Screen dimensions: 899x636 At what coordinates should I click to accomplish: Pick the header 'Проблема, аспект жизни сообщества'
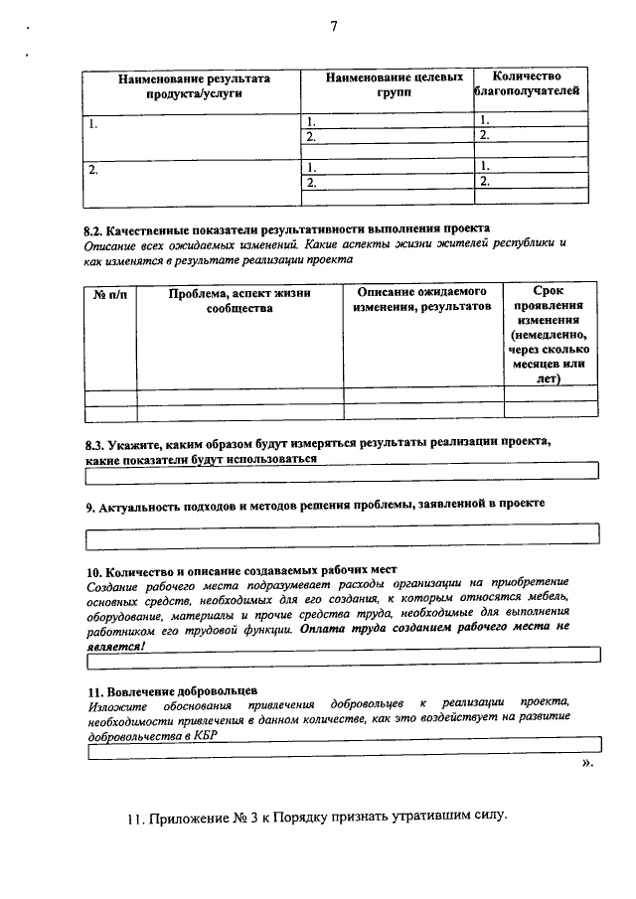click(x=239, y=301)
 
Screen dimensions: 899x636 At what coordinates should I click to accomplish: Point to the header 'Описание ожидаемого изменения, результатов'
click(x=422, y=300)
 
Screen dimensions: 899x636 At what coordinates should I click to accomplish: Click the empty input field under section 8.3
click(x=343, y=475)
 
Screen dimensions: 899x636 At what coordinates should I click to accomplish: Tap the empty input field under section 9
click(x=343, y=538)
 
